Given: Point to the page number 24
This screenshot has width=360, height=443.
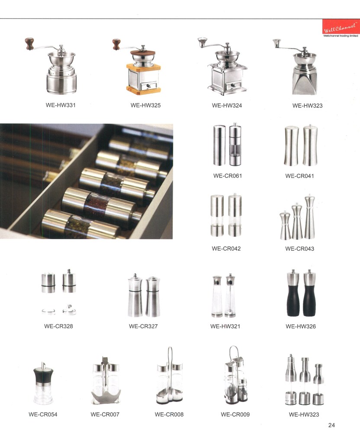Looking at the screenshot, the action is (x=331, y=425).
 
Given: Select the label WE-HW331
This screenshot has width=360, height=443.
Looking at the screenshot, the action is (x=61, y=105).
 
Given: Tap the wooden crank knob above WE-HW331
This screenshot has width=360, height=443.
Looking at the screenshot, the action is (x=29, y=43).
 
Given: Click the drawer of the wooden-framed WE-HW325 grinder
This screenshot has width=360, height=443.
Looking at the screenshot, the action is (x=148, y=85).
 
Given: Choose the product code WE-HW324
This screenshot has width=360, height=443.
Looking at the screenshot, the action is (x=227, y=105).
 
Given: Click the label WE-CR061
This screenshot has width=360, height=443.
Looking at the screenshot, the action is (x=228, y=176).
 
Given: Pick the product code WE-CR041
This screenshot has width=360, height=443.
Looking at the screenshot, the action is (x=299, y=176).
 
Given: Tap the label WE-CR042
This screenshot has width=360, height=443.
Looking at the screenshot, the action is (x=226, y=249).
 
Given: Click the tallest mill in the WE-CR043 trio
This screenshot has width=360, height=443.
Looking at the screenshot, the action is (x=309, y=217).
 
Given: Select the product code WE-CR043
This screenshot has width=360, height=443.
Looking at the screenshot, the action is (x=299, y=249).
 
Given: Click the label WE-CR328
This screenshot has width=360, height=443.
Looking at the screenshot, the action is (x=58, y=326).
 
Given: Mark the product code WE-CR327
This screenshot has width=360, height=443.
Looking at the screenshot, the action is (x=143, y=326).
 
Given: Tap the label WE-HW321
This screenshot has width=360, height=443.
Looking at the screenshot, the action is (x=225, y=327).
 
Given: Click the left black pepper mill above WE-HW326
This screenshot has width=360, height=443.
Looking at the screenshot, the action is (x=293, y=293).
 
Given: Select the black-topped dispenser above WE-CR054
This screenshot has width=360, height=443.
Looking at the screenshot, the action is (x=43, y=383).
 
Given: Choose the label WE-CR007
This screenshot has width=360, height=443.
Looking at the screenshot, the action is (x=105, y=414).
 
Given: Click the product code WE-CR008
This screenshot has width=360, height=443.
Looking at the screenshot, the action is (x=169, y=414).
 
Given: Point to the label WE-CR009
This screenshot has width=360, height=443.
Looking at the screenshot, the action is (x=235, y=414).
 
